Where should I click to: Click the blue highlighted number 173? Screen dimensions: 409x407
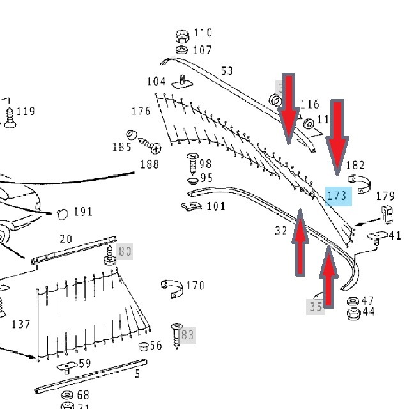click(x=337, y=195)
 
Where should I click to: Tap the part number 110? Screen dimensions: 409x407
click(x=203, y=33)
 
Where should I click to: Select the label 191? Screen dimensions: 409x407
click(x=82, y=212)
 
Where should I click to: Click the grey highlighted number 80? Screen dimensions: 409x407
click(x=125, y=251)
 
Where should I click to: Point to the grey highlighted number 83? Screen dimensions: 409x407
click(x=187, y=334)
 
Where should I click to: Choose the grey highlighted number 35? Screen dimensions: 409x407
click(x=316, y=307)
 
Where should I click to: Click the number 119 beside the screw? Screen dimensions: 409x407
click(x=26, y=111)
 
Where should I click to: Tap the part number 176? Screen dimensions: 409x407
click(x=141, y=111)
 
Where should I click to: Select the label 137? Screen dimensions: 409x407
click(x=20, y=325)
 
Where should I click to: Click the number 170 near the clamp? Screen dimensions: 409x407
click(x=195, y=285)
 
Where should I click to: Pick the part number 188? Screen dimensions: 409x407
click(x=149, y=164)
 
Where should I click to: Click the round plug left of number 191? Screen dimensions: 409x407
click(x=62, y=213)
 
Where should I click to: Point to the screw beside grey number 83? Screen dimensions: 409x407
click(x=176, y=334)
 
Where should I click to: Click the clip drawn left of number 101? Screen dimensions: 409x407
click(x=189, y=206)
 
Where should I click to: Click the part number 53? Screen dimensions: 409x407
click(x=227, y=70)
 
